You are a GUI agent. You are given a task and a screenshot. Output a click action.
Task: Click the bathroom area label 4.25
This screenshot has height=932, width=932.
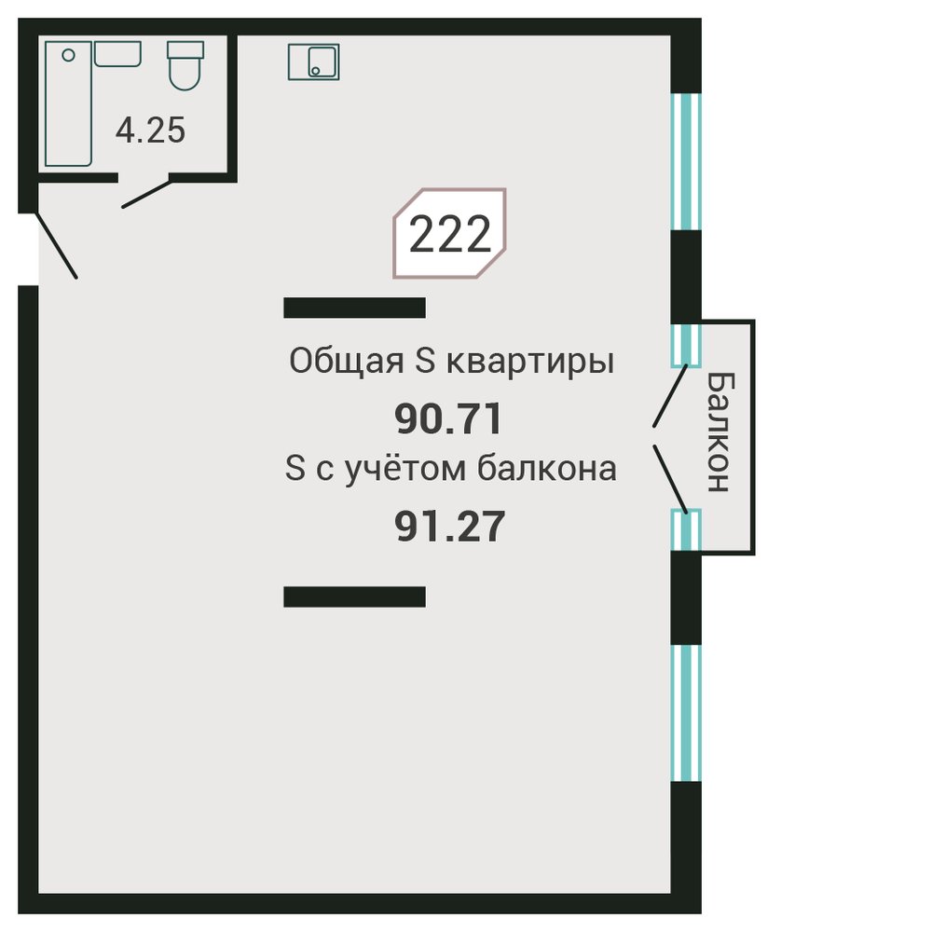click(x=150, y=130)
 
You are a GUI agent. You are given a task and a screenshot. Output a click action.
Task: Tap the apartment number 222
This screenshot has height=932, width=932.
click(x=450, y=234)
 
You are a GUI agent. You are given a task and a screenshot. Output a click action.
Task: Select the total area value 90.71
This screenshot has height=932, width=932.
click(x=449, y=418)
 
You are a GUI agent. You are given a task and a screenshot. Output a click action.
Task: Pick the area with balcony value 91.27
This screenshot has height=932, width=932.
click(x=450, y=527)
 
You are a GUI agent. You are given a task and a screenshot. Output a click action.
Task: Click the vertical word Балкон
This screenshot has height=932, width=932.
click(x=721, y=432)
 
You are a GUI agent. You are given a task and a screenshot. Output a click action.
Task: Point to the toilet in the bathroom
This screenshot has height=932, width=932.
click(x=185, y=65)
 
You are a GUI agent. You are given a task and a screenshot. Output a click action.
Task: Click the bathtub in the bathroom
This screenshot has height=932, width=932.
click(x=68, y=103)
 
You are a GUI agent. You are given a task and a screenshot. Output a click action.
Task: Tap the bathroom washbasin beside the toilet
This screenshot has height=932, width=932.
click(x=117, y=53)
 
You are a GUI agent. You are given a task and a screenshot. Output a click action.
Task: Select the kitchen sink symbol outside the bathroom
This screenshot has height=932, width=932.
click(x=314, y=62)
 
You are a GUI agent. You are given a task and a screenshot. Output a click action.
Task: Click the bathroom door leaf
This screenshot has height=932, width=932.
click(x=147, y=194)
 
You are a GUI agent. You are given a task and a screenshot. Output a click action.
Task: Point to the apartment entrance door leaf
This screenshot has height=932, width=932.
click(x=57, y=245)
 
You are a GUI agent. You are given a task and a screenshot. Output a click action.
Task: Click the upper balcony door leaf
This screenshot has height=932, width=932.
click(x=670, y=395)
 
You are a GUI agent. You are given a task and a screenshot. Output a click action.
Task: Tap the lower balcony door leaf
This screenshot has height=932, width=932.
click(x=670, y=479)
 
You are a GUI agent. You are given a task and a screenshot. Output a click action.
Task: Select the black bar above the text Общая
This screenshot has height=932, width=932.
click(x=355, y=308)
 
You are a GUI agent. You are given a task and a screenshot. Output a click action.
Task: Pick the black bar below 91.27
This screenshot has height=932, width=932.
click(x=355, y=596)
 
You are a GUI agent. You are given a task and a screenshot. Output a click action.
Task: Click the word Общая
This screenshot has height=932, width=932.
click(x=347, y=362)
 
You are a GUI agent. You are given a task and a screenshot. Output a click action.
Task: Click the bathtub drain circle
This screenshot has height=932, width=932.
click(x=68, y=55)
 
